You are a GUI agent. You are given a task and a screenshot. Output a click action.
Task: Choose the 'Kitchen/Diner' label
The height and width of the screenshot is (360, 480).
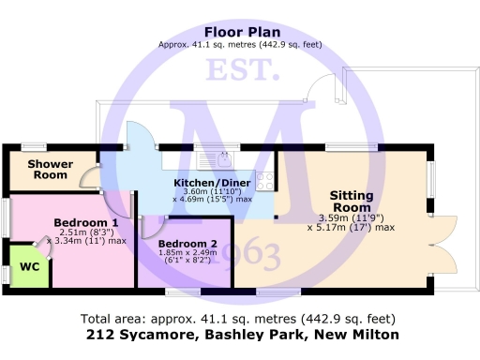213,182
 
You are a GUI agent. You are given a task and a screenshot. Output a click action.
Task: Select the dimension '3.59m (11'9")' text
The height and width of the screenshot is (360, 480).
352,219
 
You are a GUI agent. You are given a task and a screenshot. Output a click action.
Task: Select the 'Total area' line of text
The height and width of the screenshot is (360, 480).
238,318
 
